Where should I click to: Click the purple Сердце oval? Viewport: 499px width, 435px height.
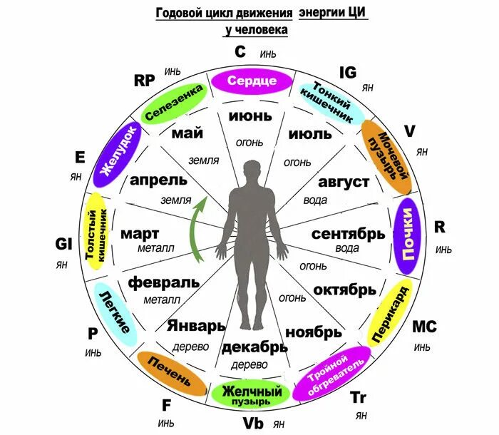click(252, 81)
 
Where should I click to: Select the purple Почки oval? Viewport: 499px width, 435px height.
click(408, 236)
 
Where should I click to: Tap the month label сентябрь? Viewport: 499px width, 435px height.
click(343, 234)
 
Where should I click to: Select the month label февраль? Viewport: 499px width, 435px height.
click(164, 282)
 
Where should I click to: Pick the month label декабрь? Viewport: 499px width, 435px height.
click(254, 347)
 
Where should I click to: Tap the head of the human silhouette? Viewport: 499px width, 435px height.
click(252, 170)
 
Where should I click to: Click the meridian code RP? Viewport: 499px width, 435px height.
click(145, 80)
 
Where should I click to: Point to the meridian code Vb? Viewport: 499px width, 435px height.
click(254, 423)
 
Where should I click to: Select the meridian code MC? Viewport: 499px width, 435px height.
click(425, 328)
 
